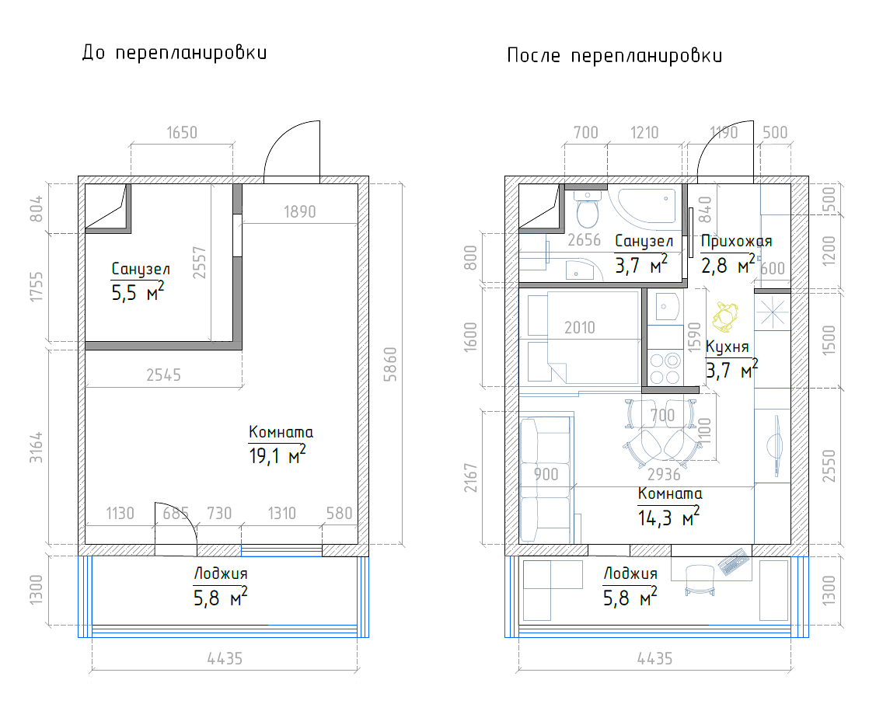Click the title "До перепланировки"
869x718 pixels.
click(x=175, y=53)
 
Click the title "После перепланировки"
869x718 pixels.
click(x=615, y=56)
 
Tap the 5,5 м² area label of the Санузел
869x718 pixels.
click(x=138, y=291)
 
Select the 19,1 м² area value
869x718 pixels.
click(x=277, y=455)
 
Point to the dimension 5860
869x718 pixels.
click(x=391, y=364)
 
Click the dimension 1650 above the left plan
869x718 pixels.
click(x=182, y=132)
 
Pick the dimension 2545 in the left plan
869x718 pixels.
click(x=163, y=375)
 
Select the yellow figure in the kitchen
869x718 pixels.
click(x=725, y=315)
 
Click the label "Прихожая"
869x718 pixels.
click(x=736, y=242)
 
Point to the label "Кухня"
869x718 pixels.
click(x=727, y=347)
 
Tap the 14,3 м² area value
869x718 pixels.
click(x=668, y=518)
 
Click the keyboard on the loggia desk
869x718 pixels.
click(x=735, y=562)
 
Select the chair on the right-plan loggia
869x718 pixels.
click(x=700, y=580)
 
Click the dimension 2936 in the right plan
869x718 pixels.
click(x=664, y=474)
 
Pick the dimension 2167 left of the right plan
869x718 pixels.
click(x=470, y=478)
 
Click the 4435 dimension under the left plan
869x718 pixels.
click(x=225, y=659)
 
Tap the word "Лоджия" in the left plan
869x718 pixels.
click(x=221, y=574)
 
